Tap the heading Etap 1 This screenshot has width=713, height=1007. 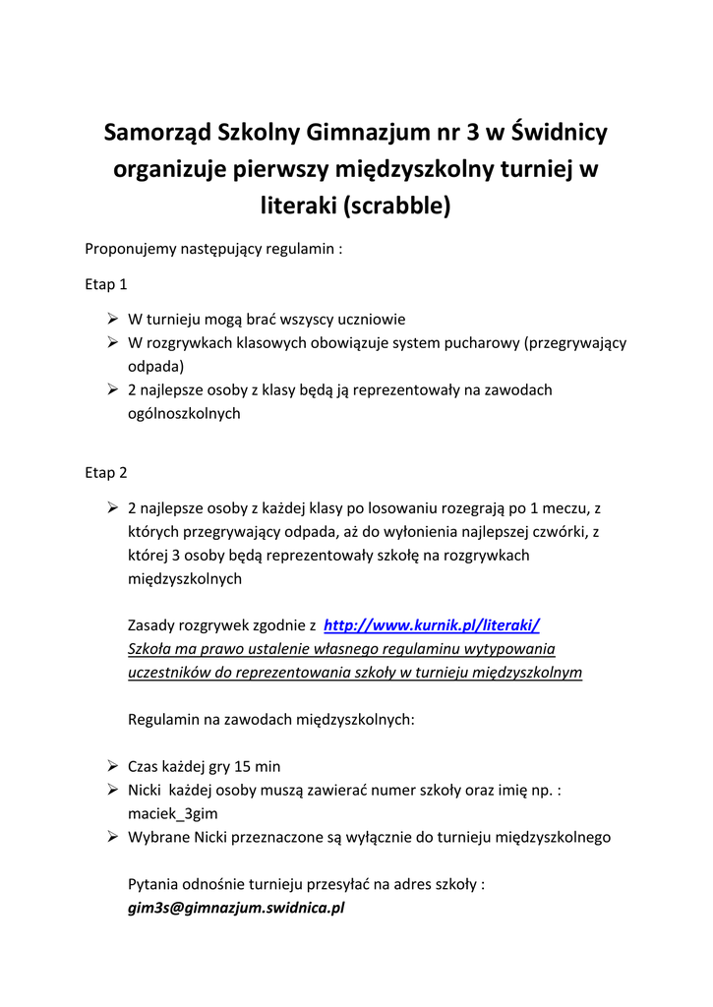pos(106,285)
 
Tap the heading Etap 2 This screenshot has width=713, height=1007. pos(106,473)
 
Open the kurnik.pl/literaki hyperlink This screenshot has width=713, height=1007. pos(432,624)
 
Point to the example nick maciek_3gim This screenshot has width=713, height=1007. pos(173,813)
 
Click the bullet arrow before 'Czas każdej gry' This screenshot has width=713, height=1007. pos(112,766)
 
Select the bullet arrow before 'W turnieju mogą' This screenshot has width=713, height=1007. pos(112,320)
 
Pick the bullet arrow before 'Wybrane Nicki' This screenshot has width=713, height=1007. pos(112,837)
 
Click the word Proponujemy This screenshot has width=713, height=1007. pos(130,249)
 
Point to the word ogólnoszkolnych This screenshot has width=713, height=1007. pos(184,414)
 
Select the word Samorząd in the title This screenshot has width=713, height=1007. pos(156,132)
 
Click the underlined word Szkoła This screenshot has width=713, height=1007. pos(151,649)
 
